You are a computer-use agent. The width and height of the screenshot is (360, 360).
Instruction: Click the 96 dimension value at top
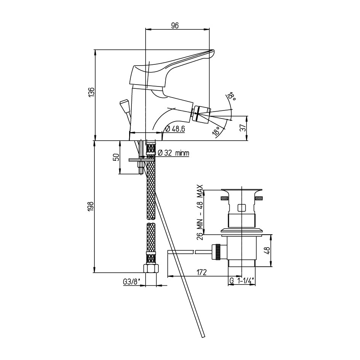coord(175,26)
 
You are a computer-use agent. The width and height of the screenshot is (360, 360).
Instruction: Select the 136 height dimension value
coord(91,92)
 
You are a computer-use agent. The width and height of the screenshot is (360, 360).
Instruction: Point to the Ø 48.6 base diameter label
coord(175,129)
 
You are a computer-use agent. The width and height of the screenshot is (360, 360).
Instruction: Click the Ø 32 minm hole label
coord(174,153)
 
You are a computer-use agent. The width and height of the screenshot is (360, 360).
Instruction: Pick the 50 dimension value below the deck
coord(117,157)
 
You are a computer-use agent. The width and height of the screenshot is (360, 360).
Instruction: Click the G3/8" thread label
coord(131,282)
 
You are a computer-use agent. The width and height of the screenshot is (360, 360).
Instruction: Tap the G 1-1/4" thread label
coord(242,280)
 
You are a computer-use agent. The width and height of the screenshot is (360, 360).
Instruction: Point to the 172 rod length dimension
coord(202,272)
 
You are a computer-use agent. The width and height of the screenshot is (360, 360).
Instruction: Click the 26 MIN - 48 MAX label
coord(200,212)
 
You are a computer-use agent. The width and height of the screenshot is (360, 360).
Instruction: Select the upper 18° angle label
coord(232,97)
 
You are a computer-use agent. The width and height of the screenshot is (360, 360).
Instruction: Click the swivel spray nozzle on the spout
coord(202,113)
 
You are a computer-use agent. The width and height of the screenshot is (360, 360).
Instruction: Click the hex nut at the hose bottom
coord(151,268)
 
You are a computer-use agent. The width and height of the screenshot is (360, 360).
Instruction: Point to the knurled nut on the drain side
coord(216,252)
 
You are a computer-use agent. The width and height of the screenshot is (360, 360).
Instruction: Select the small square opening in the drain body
coord(241,208)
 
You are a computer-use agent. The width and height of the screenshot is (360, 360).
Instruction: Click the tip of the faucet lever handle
coord(213,51)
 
